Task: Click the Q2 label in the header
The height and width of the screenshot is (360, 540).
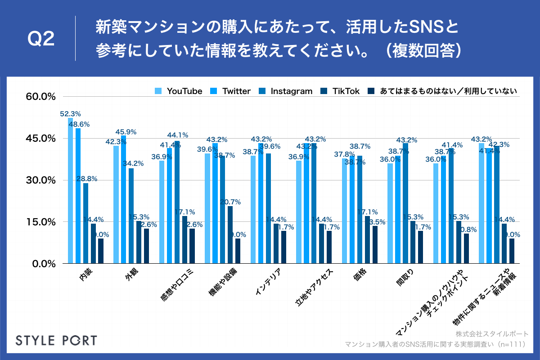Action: tap(41, 40)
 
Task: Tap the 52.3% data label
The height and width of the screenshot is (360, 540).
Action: tap(70, 114)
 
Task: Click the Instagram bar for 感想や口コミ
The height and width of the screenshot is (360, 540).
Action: tap(177, 202)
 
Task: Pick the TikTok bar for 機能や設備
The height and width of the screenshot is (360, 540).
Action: tap(230, 234)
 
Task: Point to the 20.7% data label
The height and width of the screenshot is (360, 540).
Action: tap(230, 202)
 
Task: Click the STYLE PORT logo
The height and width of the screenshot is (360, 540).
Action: tap(56, 340)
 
